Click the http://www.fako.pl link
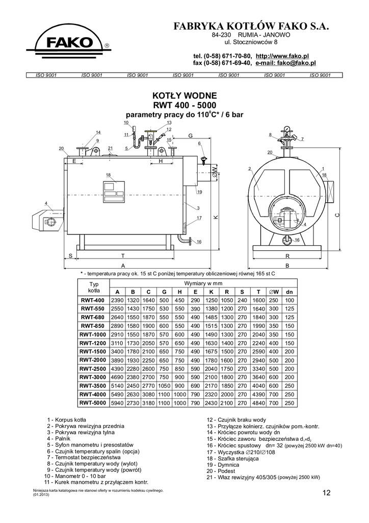(x=282, y=56)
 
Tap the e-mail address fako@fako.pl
(x=285, y=63)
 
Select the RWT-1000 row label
(x=93, y=335)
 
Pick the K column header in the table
(x=212, y=292)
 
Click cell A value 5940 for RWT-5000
(x=117, y=403)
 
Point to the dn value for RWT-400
(x=289, y=300)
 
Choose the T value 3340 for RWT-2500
(x=258, y=369)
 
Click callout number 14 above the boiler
(x=98, y=132)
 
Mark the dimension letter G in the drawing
(x=190, y=136)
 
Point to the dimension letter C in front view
(x=338, y=215)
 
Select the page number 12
(x=326, y=493)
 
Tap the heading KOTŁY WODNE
(x=184, y=96)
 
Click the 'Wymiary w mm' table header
(x=203, y=283)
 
